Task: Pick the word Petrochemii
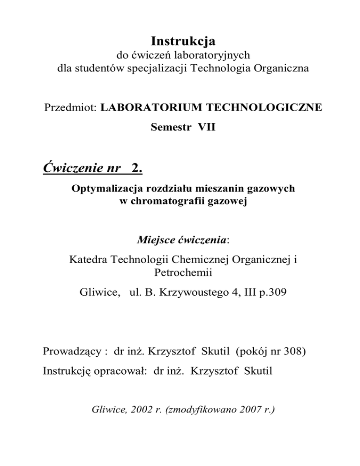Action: (x=180, y=272)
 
